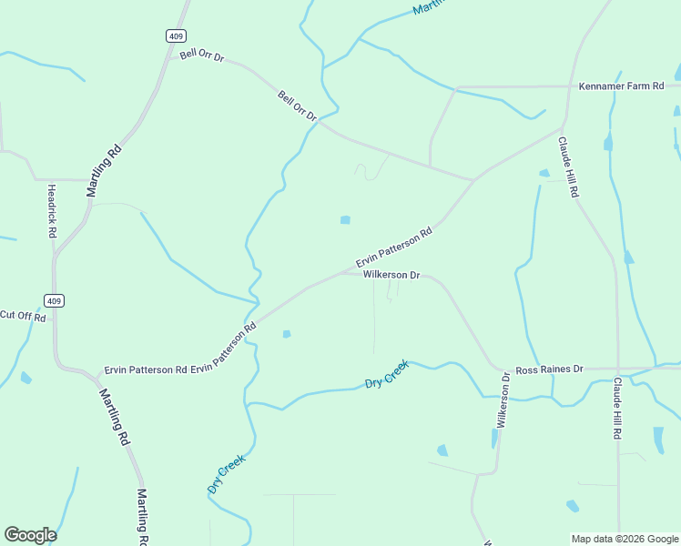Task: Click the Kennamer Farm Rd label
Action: tap(622, 86)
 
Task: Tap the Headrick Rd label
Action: tap(52, 211)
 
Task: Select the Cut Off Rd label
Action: tap(21, 315)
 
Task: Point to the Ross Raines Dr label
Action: tap(548, 370)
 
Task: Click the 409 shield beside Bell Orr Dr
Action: tap(176, 35)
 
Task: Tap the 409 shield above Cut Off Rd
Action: tap(54, 300)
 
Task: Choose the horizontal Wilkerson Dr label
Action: tap(391, 275)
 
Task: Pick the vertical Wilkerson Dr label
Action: tap(503, 399)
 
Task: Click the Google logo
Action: tap(30, 535)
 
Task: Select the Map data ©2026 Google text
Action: tap(625, 539)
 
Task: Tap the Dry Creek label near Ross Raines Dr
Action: tap(387, 374)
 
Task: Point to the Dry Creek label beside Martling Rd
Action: tap(227, 474)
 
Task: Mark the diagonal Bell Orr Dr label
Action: tap(297, 106)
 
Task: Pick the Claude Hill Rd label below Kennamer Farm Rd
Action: tap(568, 167)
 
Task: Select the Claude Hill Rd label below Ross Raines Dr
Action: tap(617, 409)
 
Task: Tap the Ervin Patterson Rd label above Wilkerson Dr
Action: tap(393, 248)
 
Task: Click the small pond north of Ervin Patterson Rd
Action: tap(345, 219)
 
